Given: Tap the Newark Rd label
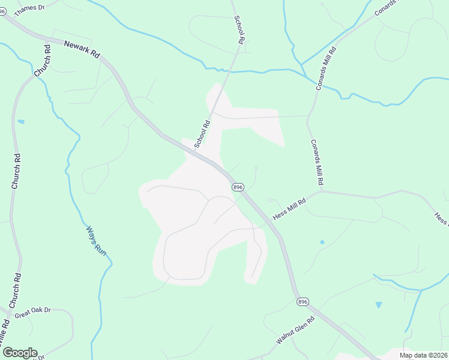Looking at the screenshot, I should [x=82, y=48].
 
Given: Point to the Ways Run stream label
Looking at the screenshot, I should [x=96, y=241].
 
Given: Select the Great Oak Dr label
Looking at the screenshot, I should [x=33, y=313].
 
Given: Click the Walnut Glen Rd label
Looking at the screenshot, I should [x=295, y=331].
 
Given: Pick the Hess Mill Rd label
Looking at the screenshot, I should [x=289, y=208].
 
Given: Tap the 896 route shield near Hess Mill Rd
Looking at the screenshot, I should [x=238, y=187].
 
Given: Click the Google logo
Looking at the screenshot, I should [x=20, y=353].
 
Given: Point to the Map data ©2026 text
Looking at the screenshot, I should [x=424, y=355].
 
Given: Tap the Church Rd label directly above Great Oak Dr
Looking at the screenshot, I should [x=17, y=287].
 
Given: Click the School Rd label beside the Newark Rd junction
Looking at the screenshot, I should [x=202, y=135].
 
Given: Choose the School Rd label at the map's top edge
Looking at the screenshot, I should [x=239, y=28].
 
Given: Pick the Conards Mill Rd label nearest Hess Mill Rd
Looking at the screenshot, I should [x=318, y=162].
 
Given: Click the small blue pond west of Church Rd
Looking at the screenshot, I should [x=21, y=122].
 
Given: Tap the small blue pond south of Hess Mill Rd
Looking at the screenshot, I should [x=322, y=242].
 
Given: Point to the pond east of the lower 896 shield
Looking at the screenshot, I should [x=378, y=305].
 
